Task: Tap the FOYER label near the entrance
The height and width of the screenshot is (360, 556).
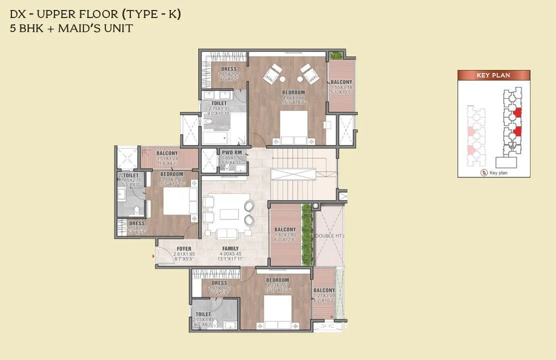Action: coord(184,248)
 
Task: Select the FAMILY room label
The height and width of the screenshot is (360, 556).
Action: coord(230,248)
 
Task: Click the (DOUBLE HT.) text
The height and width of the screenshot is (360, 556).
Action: coord(329,235)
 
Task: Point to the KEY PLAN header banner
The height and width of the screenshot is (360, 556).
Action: coord(494,75)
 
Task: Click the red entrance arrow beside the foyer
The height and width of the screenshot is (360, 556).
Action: coord(153,255)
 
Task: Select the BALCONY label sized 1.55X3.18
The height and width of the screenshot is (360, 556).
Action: coord(341,82)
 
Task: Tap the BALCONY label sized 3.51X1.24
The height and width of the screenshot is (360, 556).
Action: coord(167,153)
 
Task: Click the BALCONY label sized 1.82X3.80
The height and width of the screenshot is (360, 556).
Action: coord(285,230)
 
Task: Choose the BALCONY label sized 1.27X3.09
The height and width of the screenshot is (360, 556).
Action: coord(324,290)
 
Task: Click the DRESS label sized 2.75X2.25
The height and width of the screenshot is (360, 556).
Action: coord(228,69)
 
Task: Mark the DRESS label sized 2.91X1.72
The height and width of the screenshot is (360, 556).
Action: coord(219,283)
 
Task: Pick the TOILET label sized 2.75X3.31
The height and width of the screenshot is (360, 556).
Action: coord(219,103)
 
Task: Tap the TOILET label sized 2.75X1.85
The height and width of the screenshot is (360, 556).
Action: coord(203,314)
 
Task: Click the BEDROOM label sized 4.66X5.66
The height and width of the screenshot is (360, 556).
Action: coord(293,92)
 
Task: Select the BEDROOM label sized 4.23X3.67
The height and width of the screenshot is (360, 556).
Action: coord(277,280)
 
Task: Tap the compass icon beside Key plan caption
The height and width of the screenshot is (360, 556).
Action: coord(483,172)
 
